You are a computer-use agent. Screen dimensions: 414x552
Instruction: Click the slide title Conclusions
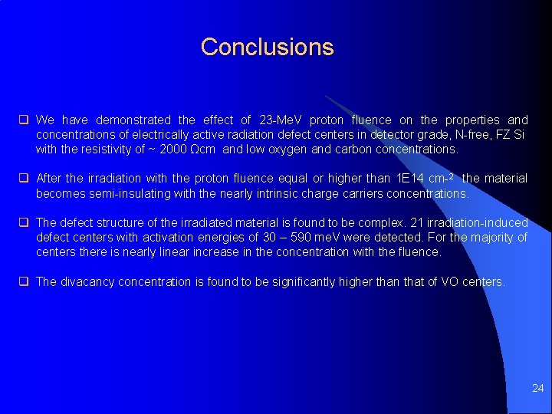(267, 47)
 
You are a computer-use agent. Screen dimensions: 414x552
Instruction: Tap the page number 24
(537, 389)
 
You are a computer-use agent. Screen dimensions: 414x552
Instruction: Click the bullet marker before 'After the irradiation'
(24, 179)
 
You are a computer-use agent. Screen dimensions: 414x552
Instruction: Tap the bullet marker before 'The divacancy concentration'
(24, 282)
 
